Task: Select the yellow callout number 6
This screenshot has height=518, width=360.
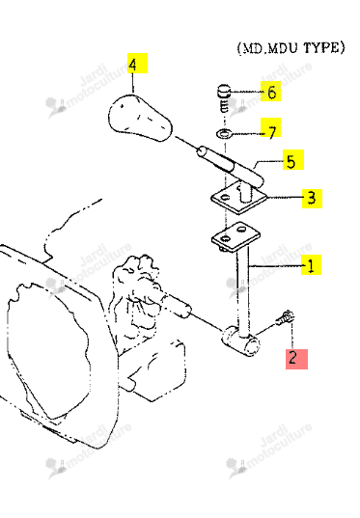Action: tap(272, 93)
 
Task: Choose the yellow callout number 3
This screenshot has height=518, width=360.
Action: tap(312, 198)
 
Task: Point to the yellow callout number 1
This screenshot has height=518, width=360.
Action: tap(311, 265)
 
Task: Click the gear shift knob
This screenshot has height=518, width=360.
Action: tap(140, 118)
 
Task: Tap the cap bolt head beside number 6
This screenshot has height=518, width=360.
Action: tap(223, 91)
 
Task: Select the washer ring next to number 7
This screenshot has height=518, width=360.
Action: tap(224, 134)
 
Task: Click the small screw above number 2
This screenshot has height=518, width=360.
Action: tap(285, 317)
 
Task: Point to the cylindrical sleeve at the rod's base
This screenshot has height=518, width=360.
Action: tap(240, 341)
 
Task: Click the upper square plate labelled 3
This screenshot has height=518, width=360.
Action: tap(238, 198)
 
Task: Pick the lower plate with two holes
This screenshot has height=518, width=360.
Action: tap(235, 234)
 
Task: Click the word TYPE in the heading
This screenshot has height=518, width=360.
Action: tap(324, 48)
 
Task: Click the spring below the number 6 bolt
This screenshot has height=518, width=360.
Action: tap(224, 105)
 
